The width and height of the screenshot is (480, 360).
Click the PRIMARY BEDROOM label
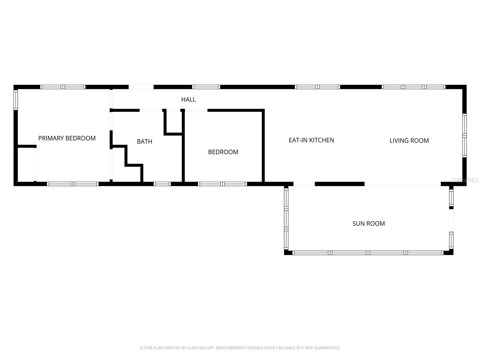[x=67, y=138]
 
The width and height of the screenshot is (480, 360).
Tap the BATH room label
[x=145, y=141]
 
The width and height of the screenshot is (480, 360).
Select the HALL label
[x=188, y=100]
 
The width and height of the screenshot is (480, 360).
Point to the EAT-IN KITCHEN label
[x=311, y=140]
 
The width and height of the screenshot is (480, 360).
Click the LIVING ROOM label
[x=409, y=141]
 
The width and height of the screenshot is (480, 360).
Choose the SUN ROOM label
[x=368, y=223]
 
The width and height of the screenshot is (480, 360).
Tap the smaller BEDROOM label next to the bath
[x=223, y=152]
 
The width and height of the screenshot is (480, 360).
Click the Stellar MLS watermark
[x=465, y=180]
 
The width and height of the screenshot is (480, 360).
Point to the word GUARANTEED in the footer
[x=327, y=348]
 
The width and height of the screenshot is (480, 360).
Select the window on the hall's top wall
[x=206, y=87]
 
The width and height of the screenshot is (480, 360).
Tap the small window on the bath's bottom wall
[x=162, y=184]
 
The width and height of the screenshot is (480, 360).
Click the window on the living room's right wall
[x=464, y=136]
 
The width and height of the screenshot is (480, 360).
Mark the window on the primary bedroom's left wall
[x=16, y=100]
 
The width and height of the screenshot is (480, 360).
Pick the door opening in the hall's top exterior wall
[x=141, y=87]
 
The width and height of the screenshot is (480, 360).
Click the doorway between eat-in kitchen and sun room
[x=304, y=184]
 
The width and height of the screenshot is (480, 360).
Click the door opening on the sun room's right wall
[x=451, y=220]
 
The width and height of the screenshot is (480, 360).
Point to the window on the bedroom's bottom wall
[x=223, y=184]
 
